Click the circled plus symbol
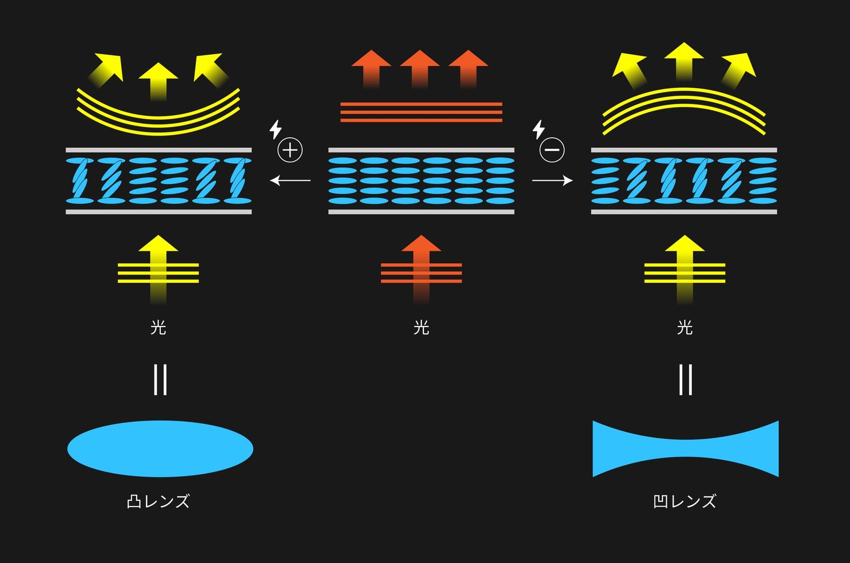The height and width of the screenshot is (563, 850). click(290, 150)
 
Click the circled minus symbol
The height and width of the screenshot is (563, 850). click(552, 150)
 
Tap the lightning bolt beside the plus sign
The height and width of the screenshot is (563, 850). click(276, 130)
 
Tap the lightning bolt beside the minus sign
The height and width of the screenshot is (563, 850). click(539, 130)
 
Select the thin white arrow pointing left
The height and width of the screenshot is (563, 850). click(290, 180)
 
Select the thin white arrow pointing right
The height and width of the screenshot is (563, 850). click(552, 180)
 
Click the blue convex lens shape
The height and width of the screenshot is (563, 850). click(160, 448)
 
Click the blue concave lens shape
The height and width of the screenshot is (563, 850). click(686, 448)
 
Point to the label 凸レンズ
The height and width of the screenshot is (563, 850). click(158, 501)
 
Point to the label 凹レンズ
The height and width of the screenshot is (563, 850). click(685, 501)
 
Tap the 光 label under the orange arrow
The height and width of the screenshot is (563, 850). click(421, 327)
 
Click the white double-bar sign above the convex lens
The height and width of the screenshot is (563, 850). click(160, 380)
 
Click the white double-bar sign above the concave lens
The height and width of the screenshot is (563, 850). click(685, 380)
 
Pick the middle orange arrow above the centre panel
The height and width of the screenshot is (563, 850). click(420, 69)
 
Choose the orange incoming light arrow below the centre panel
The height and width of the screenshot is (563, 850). click(421, 270)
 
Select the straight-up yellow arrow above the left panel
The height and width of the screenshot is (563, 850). click(158, 82)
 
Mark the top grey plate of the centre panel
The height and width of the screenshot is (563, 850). click(421, 150)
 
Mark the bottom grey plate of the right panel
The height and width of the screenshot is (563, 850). click(684, 212)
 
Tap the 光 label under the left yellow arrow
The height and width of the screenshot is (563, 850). click(158, 327)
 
